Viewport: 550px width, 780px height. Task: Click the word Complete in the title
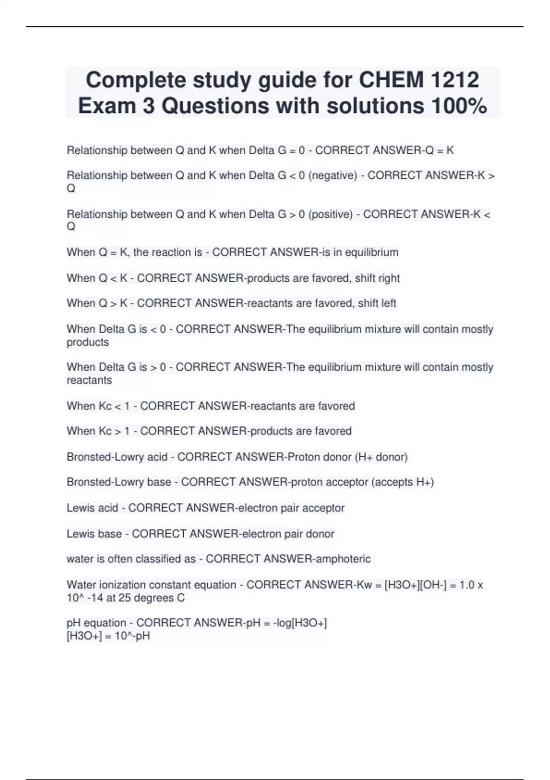pos(136,80)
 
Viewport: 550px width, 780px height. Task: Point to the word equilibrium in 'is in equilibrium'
pos(372,252)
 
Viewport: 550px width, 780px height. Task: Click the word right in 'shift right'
pos(388,278)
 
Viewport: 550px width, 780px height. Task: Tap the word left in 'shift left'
pos(388,303)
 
